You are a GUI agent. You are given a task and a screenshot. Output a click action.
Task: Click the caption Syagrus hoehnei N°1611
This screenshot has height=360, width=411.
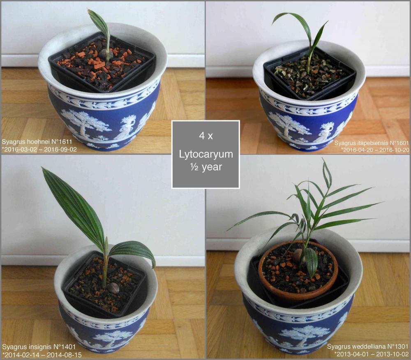(37, 142)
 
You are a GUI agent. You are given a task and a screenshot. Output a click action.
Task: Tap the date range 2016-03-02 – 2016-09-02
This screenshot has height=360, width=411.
(41, 150)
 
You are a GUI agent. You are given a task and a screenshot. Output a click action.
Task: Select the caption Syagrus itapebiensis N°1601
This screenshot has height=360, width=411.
(372, 143)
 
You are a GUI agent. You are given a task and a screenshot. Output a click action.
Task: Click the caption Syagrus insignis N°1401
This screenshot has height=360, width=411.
(39, 347)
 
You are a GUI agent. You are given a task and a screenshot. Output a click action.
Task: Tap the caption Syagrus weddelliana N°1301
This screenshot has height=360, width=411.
(368, 346)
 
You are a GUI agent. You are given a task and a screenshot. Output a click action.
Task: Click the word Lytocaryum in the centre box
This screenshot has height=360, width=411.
(206, 154)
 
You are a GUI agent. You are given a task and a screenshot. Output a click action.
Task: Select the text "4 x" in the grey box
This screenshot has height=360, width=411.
(206, 136)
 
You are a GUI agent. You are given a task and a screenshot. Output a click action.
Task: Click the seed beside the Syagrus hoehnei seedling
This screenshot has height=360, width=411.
(106, 54)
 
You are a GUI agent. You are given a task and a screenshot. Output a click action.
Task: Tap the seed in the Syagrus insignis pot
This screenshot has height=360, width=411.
(114, 288)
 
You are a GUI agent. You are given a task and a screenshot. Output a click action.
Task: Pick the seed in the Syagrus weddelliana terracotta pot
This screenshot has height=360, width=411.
(298, 255)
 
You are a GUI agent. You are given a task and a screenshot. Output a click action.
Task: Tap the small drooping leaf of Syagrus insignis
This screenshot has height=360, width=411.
(132, 252)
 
